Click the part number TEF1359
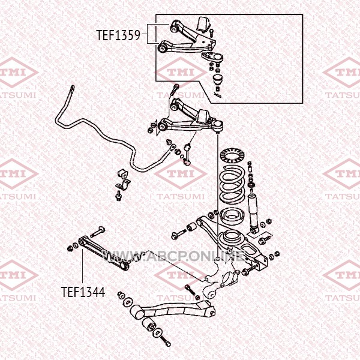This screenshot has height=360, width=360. point(118,35)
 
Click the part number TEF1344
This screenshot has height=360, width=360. point(83,292)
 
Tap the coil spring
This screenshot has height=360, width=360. point(232,184)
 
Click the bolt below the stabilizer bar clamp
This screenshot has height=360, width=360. point(118,196)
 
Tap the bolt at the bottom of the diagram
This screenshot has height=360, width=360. point(165,341)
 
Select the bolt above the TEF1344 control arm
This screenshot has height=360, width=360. point(98,232)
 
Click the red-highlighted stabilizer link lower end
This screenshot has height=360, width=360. point(186,163)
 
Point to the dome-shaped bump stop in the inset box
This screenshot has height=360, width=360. point(218,79)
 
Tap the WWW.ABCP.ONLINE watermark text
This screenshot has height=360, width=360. point(173,256)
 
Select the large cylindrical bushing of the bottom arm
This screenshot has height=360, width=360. point(137,312)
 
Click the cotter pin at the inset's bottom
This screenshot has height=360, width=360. point(217,94)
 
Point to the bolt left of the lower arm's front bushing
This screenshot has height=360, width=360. point(179,234)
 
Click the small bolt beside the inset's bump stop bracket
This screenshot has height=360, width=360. point(211,34)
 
